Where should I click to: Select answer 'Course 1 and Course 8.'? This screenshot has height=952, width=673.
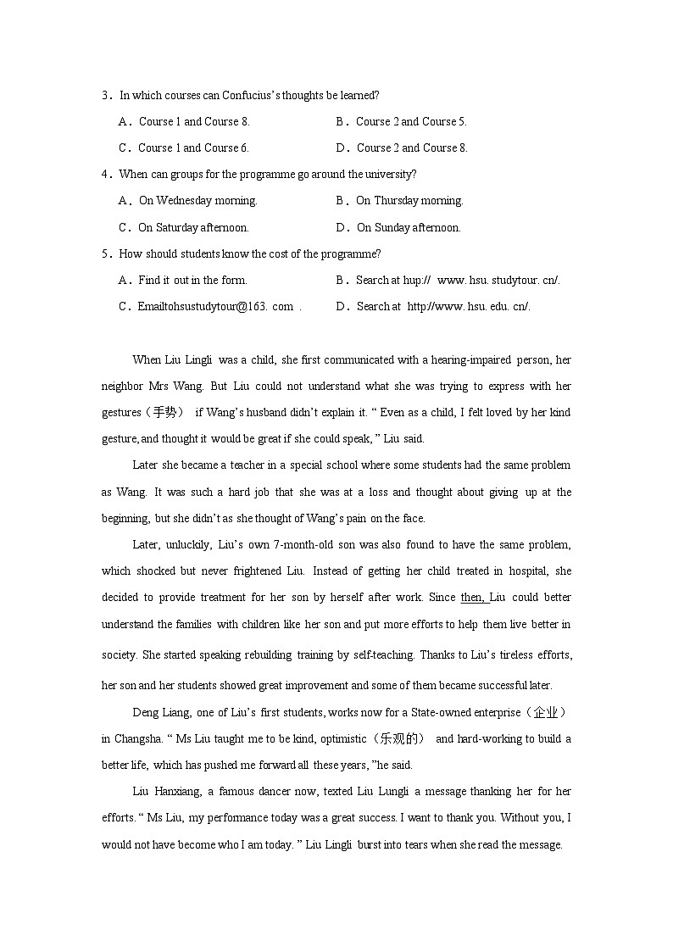[194, 121]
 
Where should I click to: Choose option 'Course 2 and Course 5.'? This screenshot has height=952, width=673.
[411, 121]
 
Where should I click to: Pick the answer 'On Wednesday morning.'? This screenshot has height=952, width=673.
[197, 201]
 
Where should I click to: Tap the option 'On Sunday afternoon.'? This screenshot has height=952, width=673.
[409, 227]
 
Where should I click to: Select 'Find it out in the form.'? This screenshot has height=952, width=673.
[192, 280]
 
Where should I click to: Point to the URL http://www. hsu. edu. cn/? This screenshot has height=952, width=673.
[469, 307]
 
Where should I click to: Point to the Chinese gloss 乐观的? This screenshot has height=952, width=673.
[401, 738]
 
